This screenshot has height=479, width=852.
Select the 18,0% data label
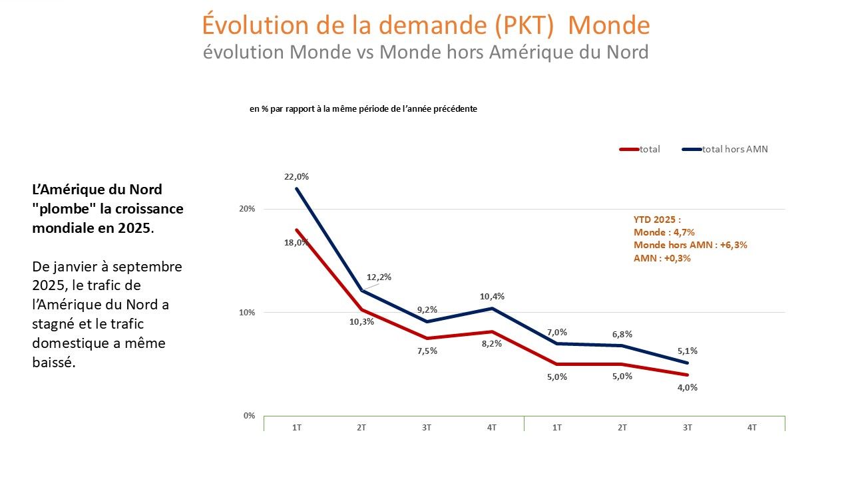tap(297, 243)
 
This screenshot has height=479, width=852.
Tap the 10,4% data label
tap(493, 296)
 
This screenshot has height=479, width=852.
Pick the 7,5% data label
tap(427, 351)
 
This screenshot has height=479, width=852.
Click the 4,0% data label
tap(687, 387)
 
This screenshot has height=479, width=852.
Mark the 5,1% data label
tap(687, 351)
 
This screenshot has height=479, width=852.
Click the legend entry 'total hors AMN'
tap(735, 149)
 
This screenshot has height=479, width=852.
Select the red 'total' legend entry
tap(649, 149)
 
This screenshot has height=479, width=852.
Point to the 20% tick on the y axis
tap(248, 209)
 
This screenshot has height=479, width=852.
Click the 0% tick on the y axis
tap(249, 416)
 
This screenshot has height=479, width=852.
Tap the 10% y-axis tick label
tap(248, 313)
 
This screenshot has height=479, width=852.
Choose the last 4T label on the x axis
tap(752, 428)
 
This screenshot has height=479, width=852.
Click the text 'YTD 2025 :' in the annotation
tap(656, 219)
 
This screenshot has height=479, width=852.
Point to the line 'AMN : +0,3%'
tap(662, 258)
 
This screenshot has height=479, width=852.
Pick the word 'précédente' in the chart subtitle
tap(456, 108)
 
